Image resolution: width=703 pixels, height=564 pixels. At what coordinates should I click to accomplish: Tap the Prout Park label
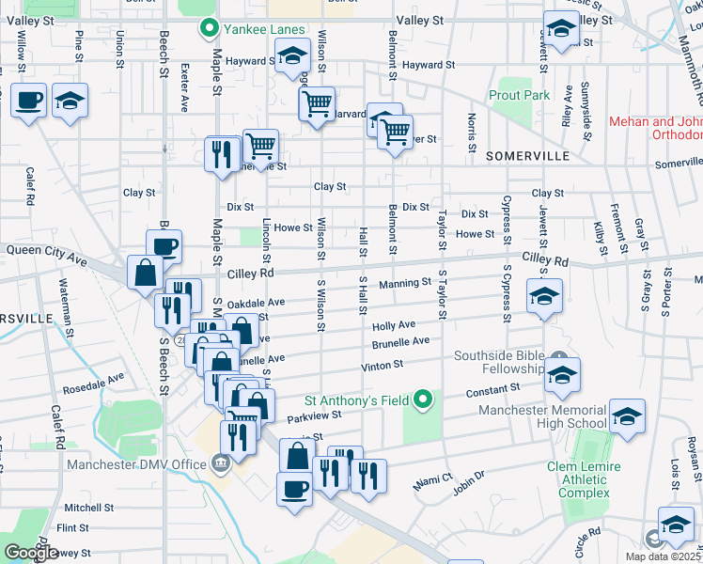[519, 95]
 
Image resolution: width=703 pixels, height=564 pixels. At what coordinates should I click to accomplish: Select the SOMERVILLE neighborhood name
[523, 153]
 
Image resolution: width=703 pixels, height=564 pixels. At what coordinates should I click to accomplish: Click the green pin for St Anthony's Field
[423, 400]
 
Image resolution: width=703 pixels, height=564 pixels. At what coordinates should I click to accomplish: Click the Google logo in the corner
[31, 553]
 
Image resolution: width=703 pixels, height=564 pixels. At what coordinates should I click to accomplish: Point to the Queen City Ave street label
[46, 251]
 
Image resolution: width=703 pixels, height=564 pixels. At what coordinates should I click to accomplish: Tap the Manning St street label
[404, 283]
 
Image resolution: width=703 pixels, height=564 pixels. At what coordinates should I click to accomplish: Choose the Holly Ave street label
[394, 324]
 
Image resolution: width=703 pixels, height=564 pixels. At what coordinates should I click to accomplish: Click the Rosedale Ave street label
[93, 382]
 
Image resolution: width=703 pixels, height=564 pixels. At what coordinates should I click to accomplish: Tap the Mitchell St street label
[89, 507]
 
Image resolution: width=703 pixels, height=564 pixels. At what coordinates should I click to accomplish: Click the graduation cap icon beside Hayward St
[292, 59]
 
